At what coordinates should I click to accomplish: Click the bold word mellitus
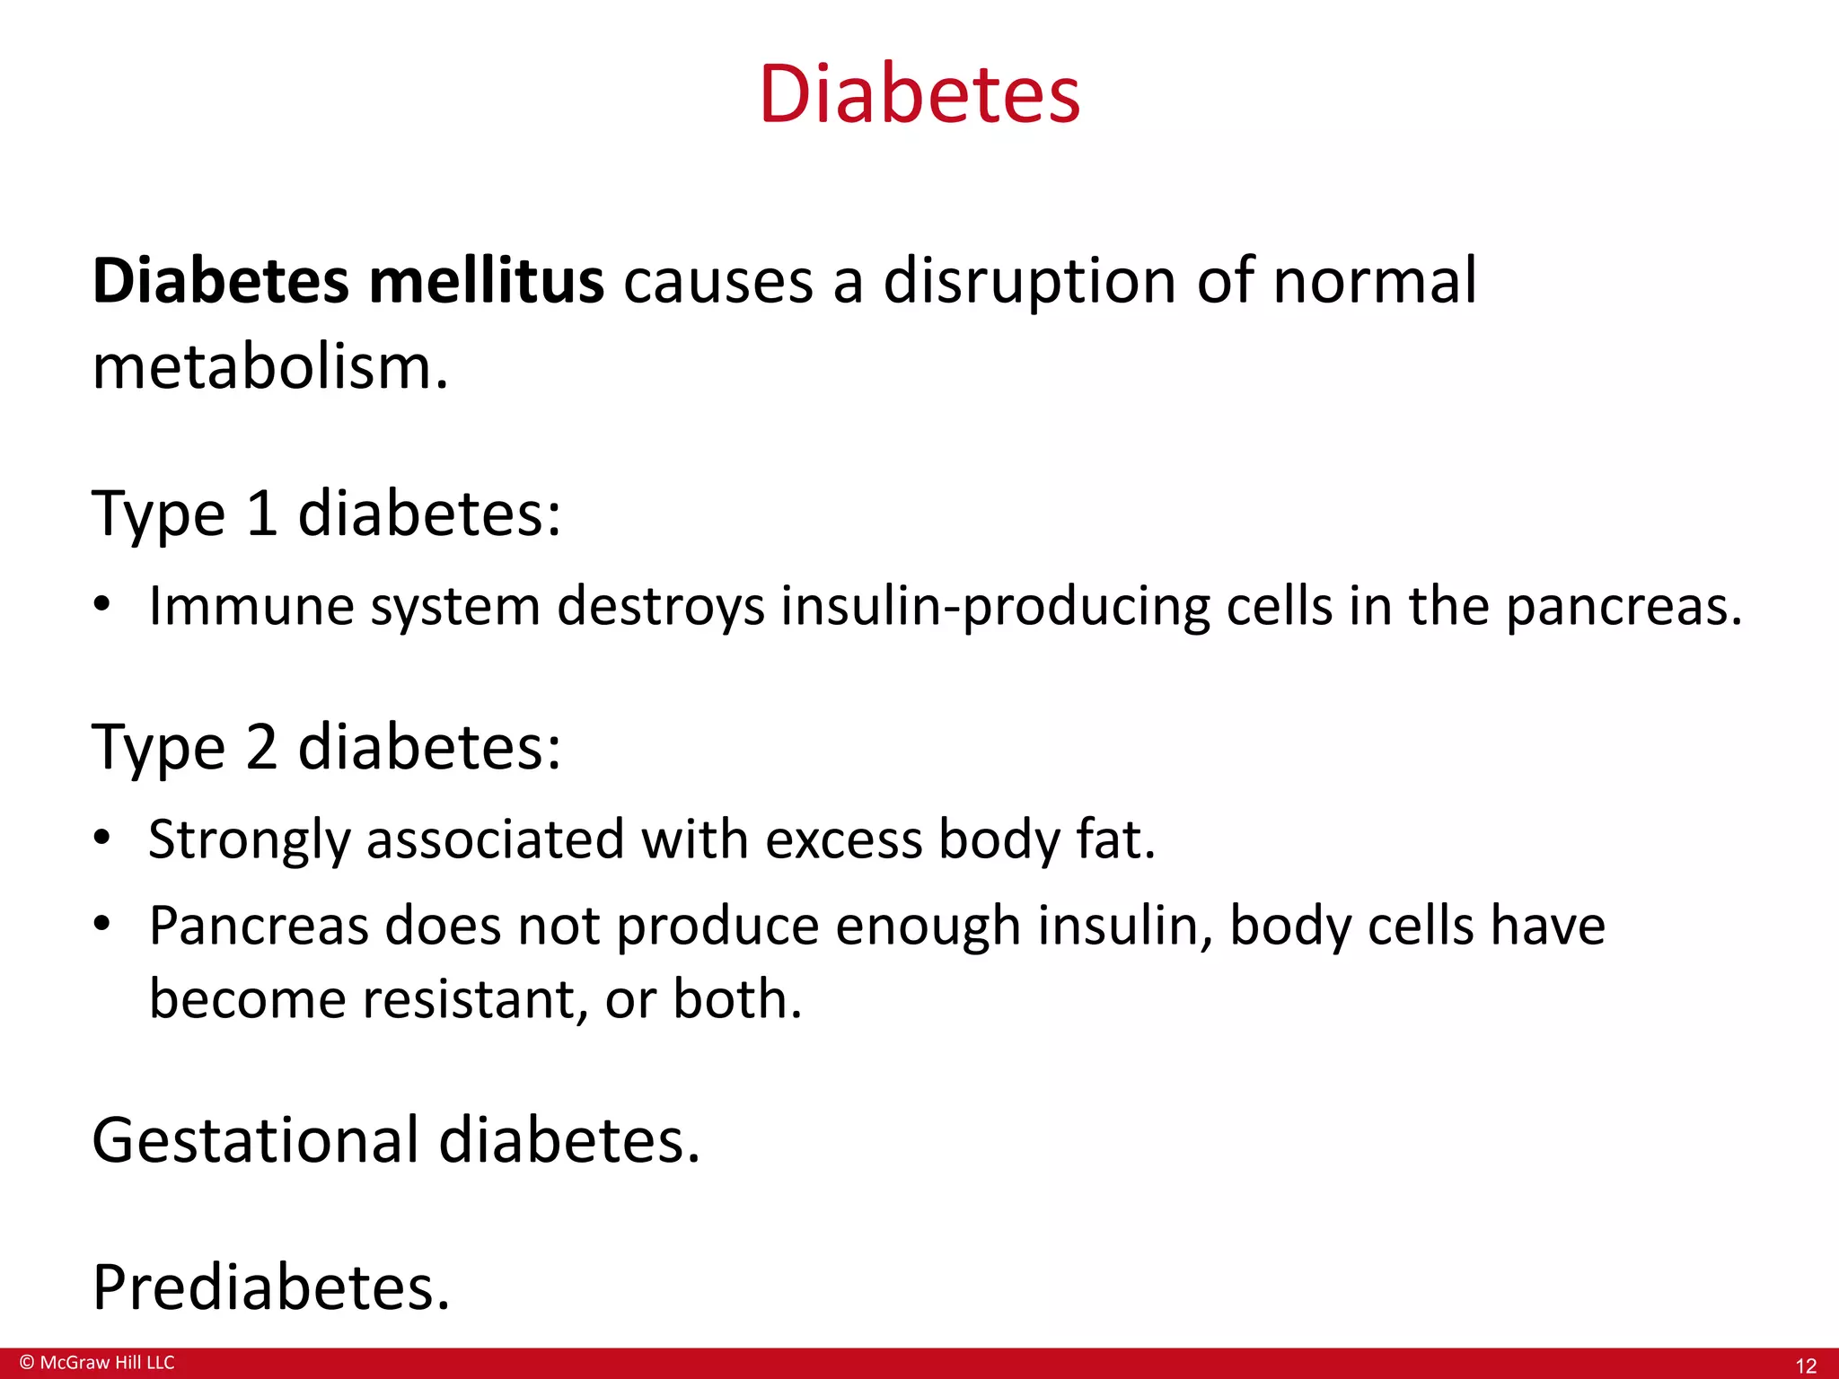point(487,281)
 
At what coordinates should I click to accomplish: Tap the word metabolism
point(269,368)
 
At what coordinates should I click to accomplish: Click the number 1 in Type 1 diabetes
point(261,514)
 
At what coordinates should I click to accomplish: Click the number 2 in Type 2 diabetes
point(261,747)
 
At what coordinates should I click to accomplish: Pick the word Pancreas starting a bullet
point(259,926)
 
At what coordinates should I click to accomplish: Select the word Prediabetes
point(270,1287)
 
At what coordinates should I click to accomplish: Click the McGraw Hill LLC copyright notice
point(97,1363)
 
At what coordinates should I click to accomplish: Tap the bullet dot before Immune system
point(102,605)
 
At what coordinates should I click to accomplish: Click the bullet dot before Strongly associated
point(102,839)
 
